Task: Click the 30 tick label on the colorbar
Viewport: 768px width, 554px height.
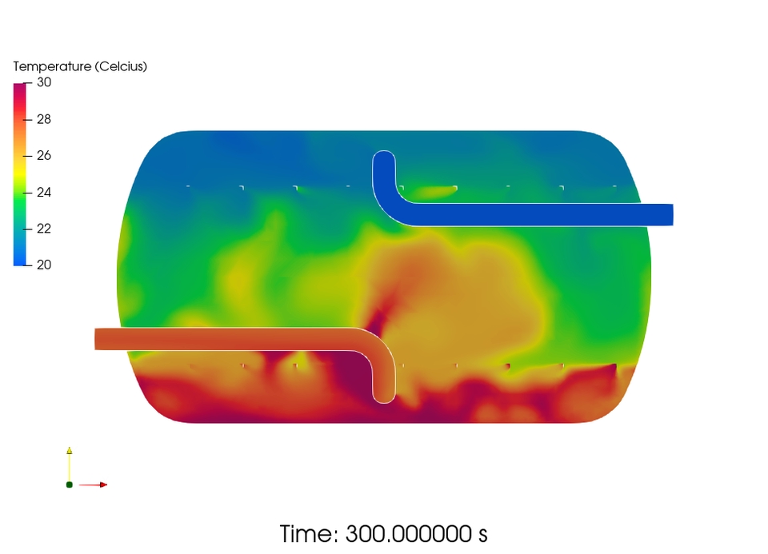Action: pyautogui.click(x=44, y=82)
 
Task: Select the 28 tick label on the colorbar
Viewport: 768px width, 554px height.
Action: pyautogui.click(x=44, y=119)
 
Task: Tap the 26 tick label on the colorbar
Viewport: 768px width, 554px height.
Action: pyautogui.click(x=44, y=156)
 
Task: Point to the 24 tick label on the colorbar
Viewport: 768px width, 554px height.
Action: pyautogui.click(x=44, y=193)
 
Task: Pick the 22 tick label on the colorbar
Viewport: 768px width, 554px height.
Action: pyautogui.click(x=44, y=229)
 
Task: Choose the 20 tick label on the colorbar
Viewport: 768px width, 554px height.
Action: pyautogui.click(x=44, y=265)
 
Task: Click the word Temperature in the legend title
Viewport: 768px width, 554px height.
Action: pyautogui.click(x=53, y=66)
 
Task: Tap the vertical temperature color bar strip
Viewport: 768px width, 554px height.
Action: pyautogui.click(x=19, y=174)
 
